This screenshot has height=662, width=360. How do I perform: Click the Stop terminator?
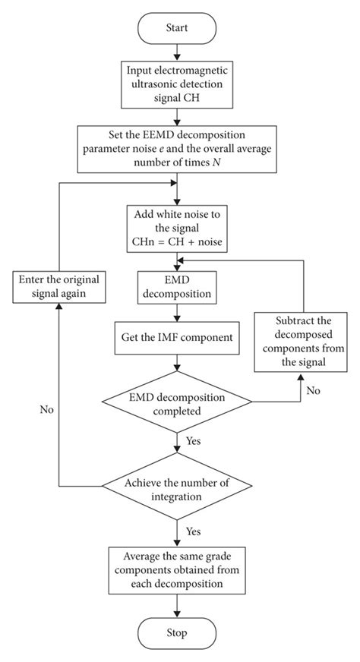tap(177, 632)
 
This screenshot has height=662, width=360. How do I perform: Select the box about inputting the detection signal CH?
tap(177, 84)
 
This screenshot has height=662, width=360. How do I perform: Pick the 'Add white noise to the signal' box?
tap(177, 226)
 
